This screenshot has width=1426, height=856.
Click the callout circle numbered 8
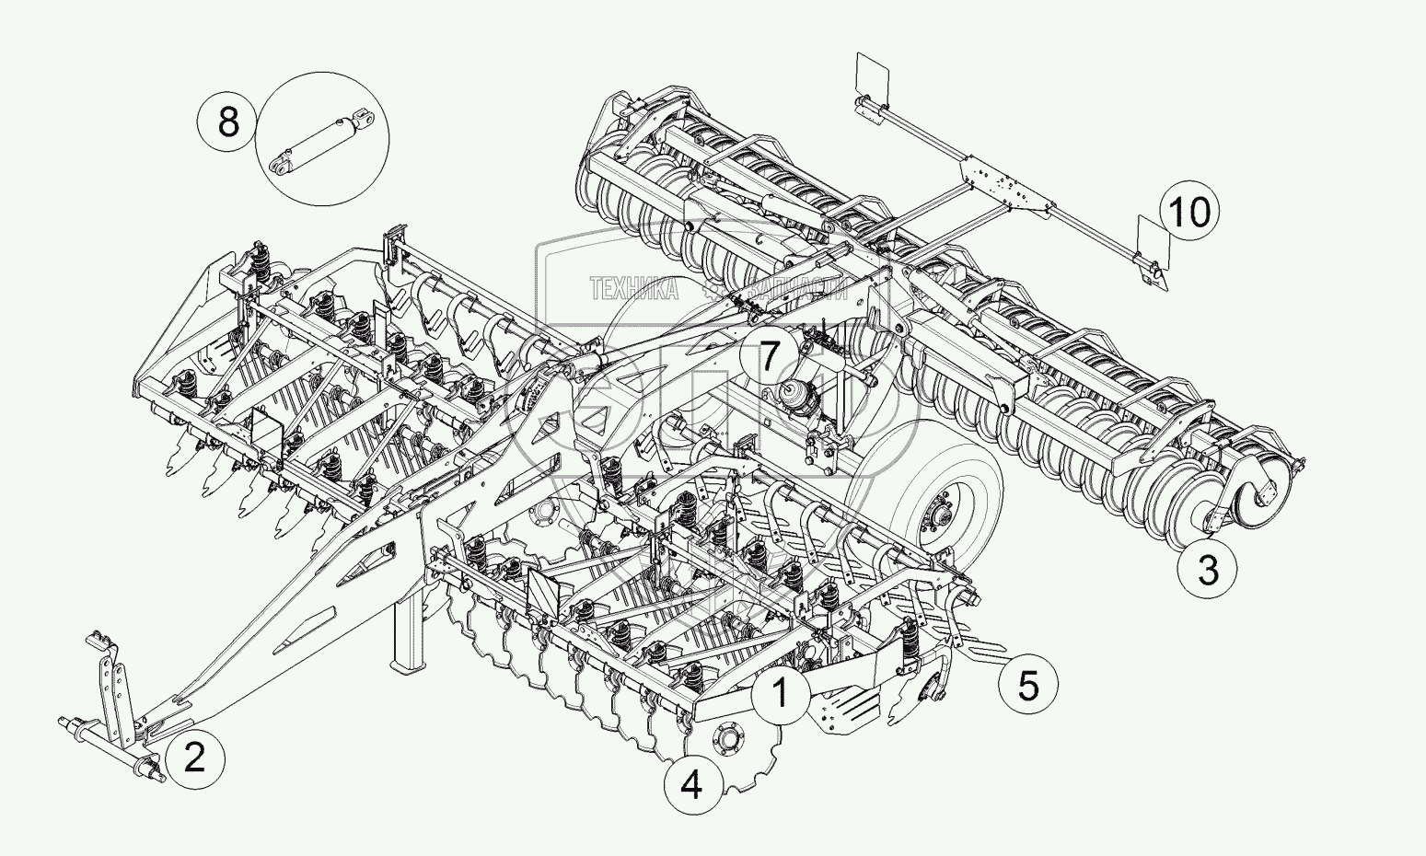click(x=227, y=121)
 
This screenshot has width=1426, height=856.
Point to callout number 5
click(x=1027, y=685)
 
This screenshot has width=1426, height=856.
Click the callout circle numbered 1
click(x=781, y=692)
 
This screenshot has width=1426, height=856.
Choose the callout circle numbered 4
click(x=691, y=785)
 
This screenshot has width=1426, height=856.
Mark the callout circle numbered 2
click(x=194, y=758)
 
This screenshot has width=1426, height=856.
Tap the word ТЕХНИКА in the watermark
click(x=633, y=290)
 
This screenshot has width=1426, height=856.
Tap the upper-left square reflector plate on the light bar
click(x=871, y=75)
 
